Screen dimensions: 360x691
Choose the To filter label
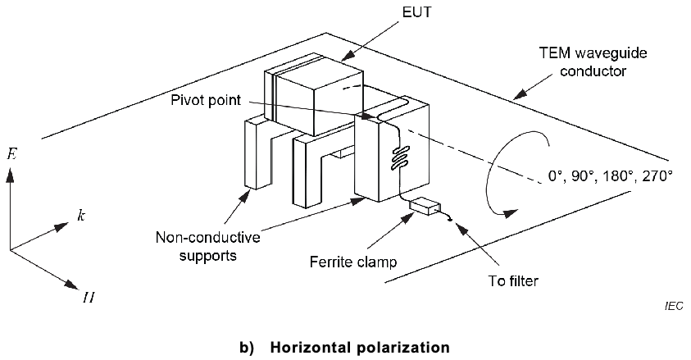(x=507, y=280)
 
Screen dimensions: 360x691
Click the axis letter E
(x=10, y=153)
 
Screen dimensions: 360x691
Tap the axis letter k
(x=80, y=216)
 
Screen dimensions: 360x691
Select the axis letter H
(x=87, y=296)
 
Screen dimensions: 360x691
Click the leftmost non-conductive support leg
(x=257, y=153)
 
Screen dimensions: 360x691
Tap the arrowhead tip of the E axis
(x=10, y=170)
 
